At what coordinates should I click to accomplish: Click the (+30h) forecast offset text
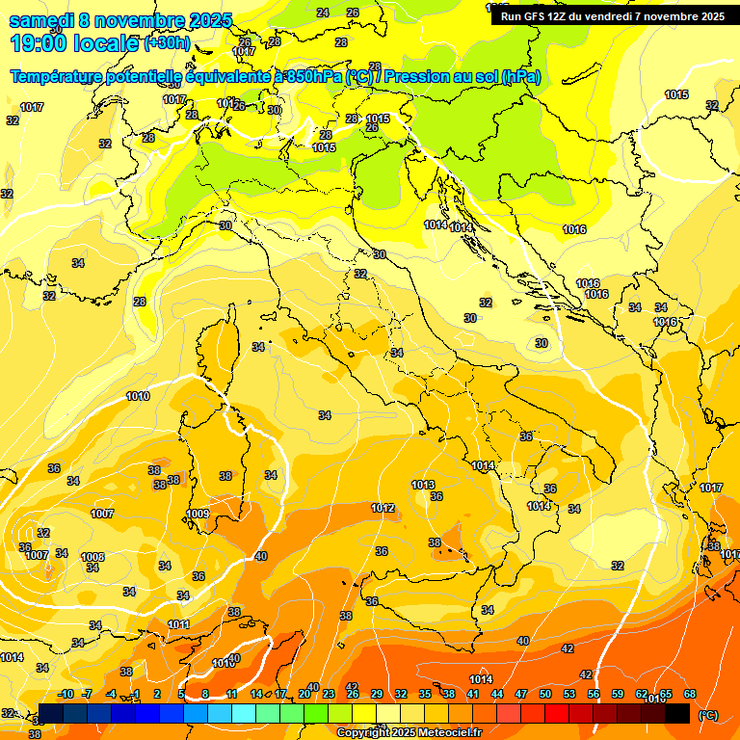(168, 43)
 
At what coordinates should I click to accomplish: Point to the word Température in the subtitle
(60, 76)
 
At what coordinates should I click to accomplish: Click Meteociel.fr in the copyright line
(439, 733)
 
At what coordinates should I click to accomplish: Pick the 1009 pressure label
(198, 515)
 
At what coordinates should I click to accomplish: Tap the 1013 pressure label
(423, 485)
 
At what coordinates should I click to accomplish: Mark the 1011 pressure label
(178, 624)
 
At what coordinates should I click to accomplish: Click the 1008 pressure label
(92, 557)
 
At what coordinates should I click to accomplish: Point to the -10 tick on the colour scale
(66, 694)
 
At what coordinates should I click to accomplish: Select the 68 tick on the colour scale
(690, 694)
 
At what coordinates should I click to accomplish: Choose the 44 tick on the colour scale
(497, 694)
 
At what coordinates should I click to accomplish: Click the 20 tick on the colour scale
(304, 694)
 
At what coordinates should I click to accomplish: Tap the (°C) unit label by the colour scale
(708, 715)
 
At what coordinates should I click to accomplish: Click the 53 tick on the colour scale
(569, 694)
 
